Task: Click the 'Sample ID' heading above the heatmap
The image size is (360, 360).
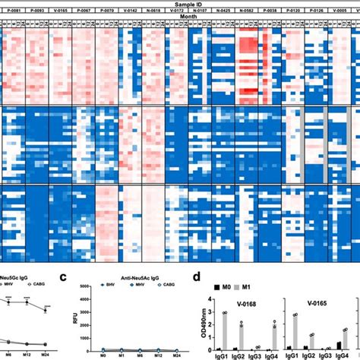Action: coord(179,3)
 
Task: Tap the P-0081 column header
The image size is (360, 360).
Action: coord(12,11)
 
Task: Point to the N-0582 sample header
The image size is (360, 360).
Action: coord(248,11)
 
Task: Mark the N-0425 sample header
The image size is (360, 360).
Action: coord(225,11)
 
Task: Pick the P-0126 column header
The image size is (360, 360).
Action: coord(319,11)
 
